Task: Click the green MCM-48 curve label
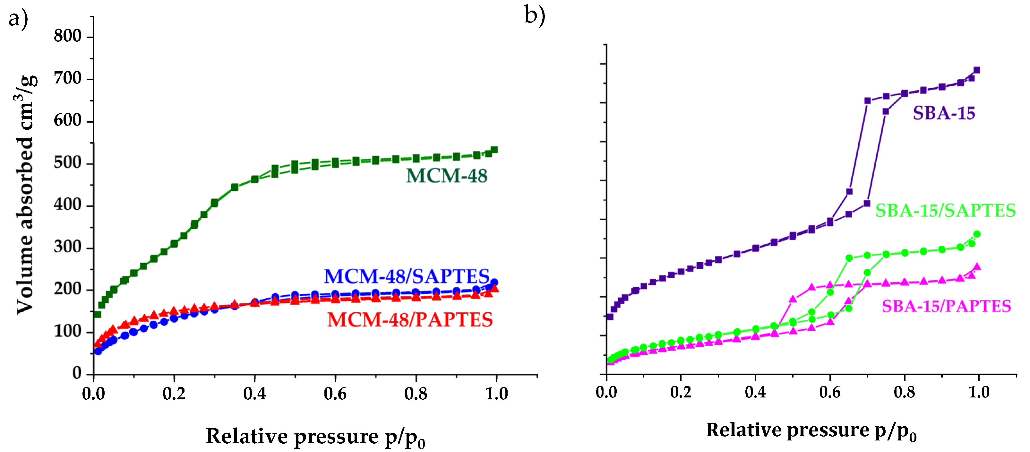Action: click(x=447, y=176)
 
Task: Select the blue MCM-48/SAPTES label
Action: click(x=407, y=276)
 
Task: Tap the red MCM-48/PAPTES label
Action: click(x=410, y=320)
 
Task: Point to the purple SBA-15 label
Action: click(x=944, y=113)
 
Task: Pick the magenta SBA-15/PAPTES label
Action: click(x=946, y=306)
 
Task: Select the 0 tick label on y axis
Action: click(x=77, y=373)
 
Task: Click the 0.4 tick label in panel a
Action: click(x=255, y=394)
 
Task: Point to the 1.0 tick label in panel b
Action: click(x=978, y=392)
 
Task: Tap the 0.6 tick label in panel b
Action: click(x=830, y=392)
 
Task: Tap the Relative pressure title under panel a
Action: click(x=315, y=437)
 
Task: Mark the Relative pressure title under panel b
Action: click(x=811, y=431)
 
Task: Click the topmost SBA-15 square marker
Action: click(x=977, y=70)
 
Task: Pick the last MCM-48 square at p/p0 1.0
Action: click(x=494, y=150)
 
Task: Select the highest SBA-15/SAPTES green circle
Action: click(x=977, y=234)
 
